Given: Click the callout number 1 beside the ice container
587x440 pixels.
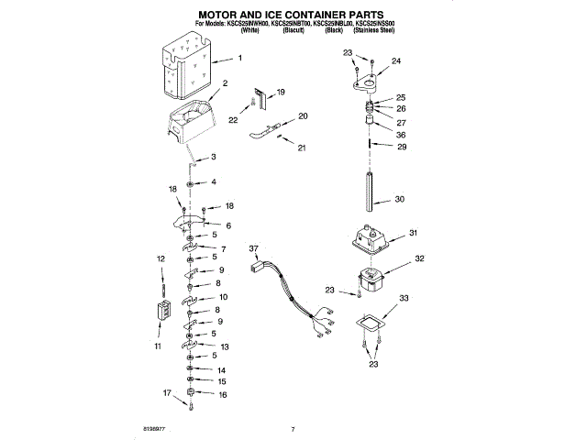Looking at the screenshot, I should (x=239, y=59).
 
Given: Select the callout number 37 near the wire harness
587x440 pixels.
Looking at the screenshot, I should (x=254, y=247).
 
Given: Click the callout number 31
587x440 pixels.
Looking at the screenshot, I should (x=413, y=233).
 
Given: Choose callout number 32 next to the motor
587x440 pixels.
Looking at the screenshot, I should (x=419, y=259).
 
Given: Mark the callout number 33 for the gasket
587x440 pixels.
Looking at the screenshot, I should (x=404, y=298).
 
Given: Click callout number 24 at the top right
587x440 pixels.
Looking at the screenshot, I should (x=396, y=61).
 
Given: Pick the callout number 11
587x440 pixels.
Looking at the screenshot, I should (x=156, y=346).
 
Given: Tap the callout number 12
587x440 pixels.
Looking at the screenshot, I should (x=161, y=260).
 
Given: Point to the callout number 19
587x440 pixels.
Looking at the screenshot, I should (x=281, y=92).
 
